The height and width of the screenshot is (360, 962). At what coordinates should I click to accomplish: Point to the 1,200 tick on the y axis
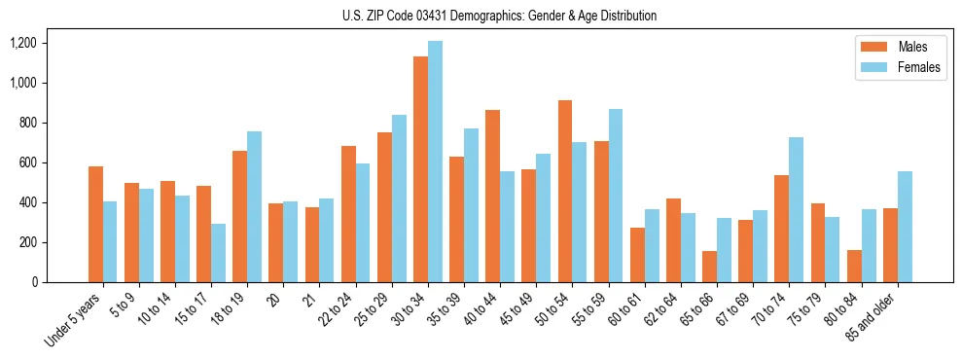[22, 43]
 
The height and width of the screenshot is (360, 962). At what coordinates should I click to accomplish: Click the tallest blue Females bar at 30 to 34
[435, 162]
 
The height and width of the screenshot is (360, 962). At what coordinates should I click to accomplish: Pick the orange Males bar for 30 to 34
[420, 169]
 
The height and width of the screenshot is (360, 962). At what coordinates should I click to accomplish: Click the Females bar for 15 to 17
[218, 253]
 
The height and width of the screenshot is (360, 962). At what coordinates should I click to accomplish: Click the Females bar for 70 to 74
[796, 209]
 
